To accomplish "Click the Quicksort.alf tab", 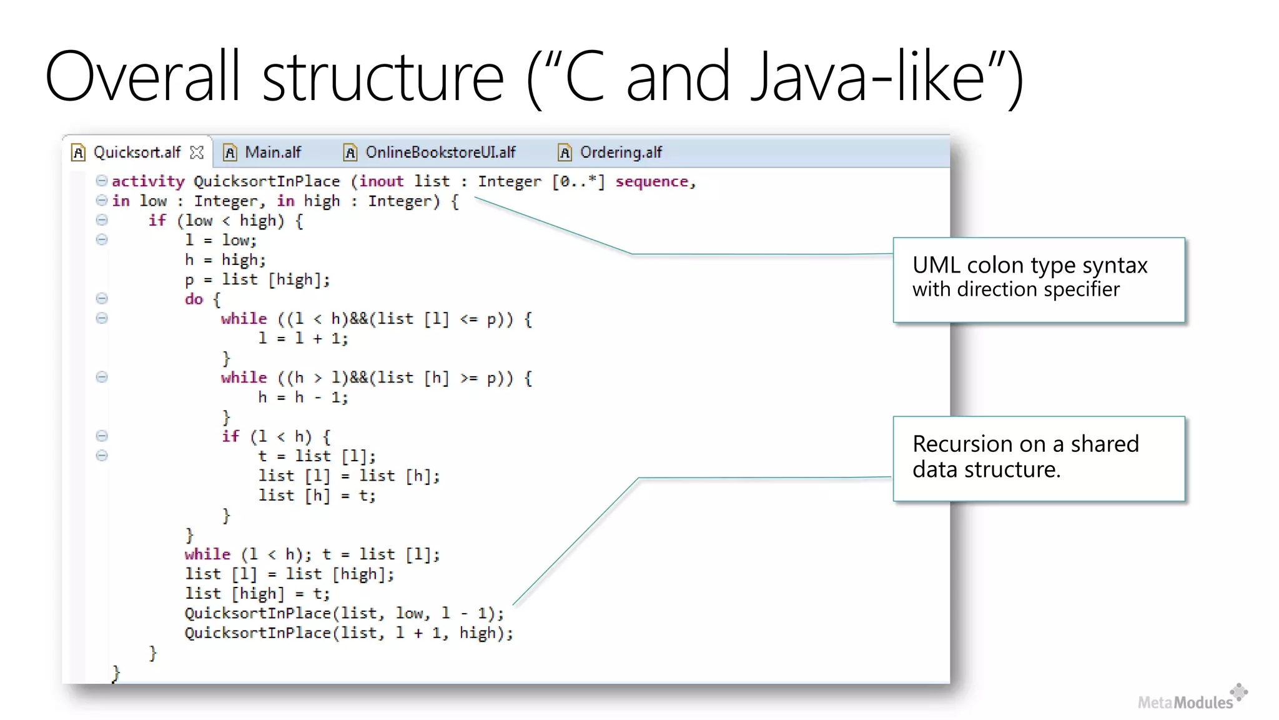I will [137, 152].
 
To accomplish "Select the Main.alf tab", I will [272, 152].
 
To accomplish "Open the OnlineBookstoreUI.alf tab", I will [440, 152].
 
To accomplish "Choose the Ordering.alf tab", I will [620, 152].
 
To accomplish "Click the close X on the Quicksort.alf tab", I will [197, 152].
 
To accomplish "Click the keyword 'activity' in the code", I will [148, 181].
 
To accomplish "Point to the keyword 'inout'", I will [381, 181].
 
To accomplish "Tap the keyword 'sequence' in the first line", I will [651, 181].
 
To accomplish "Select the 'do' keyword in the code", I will [194, 299].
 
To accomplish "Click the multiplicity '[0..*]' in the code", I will [578, 181].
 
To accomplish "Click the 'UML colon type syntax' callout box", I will [1039, 279].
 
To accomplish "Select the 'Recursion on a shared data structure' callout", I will [1039, 458].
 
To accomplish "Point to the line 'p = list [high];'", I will [257, 279].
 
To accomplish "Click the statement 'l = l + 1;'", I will [303, 339].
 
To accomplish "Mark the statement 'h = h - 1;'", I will [303, 397].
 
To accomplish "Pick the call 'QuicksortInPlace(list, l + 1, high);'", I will [348, 633].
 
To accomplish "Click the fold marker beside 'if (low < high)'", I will [102, 220].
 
